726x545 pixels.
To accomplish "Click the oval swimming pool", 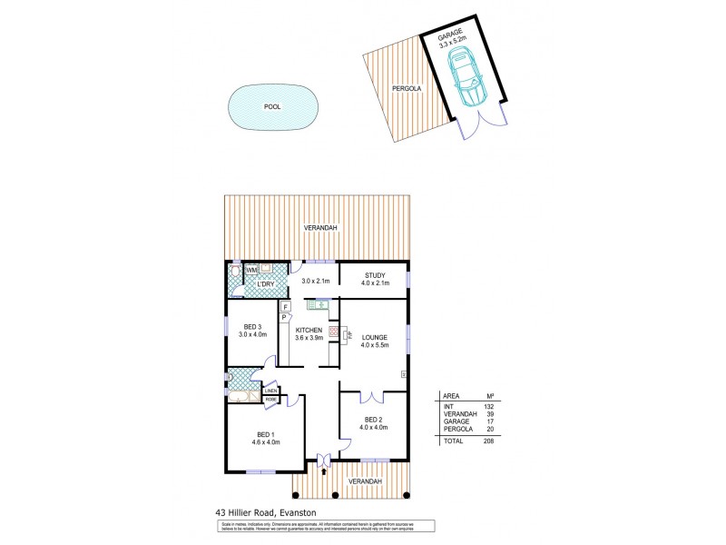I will [271, 106].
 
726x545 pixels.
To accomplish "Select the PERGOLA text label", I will [404, 88].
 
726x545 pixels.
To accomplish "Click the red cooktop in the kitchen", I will [333, 333].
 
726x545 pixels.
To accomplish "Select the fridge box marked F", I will [285, 306].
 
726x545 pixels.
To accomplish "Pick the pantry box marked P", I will [283, 318].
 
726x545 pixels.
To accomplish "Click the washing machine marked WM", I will [251, 268].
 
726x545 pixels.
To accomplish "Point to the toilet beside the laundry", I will [235, 270].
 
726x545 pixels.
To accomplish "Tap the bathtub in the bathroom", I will [241, 397].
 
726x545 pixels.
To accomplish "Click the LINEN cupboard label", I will [270, 391].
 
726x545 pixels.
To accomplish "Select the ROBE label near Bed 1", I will [271, 400].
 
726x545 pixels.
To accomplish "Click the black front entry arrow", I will [324, 471].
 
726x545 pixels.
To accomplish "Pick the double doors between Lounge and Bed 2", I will [372, 397].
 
